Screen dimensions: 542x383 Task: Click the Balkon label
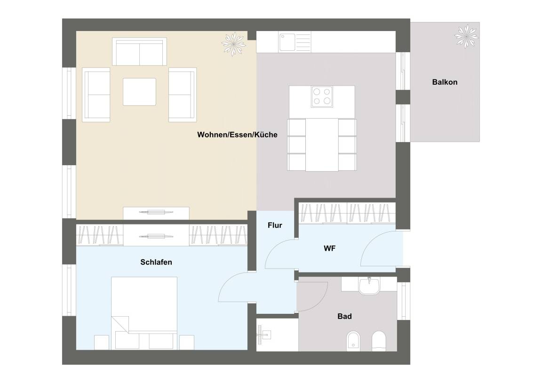445,82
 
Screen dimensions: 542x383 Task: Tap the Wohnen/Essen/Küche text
237,135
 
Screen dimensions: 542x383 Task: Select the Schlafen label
156,263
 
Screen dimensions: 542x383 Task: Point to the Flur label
275,225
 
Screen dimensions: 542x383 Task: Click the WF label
329,248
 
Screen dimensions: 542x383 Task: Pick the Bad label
344,316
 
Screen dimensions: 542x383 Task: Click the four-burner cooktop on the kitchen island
322,96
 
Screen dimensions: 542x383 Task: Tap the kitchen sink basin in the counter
287,42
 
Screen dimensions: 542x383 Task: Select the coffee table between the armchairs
139,92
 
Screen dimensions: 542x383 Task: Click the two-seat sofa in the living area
139,52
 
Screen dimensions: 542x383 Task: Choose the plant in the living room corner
234,44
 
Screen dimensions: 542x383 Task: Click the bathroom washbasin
369,286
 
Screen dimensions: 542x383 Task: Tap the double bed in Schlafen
144,313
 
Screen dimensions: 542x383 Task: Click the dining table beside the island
322,145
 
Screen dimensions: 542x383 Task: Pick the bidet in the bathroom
353,341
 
